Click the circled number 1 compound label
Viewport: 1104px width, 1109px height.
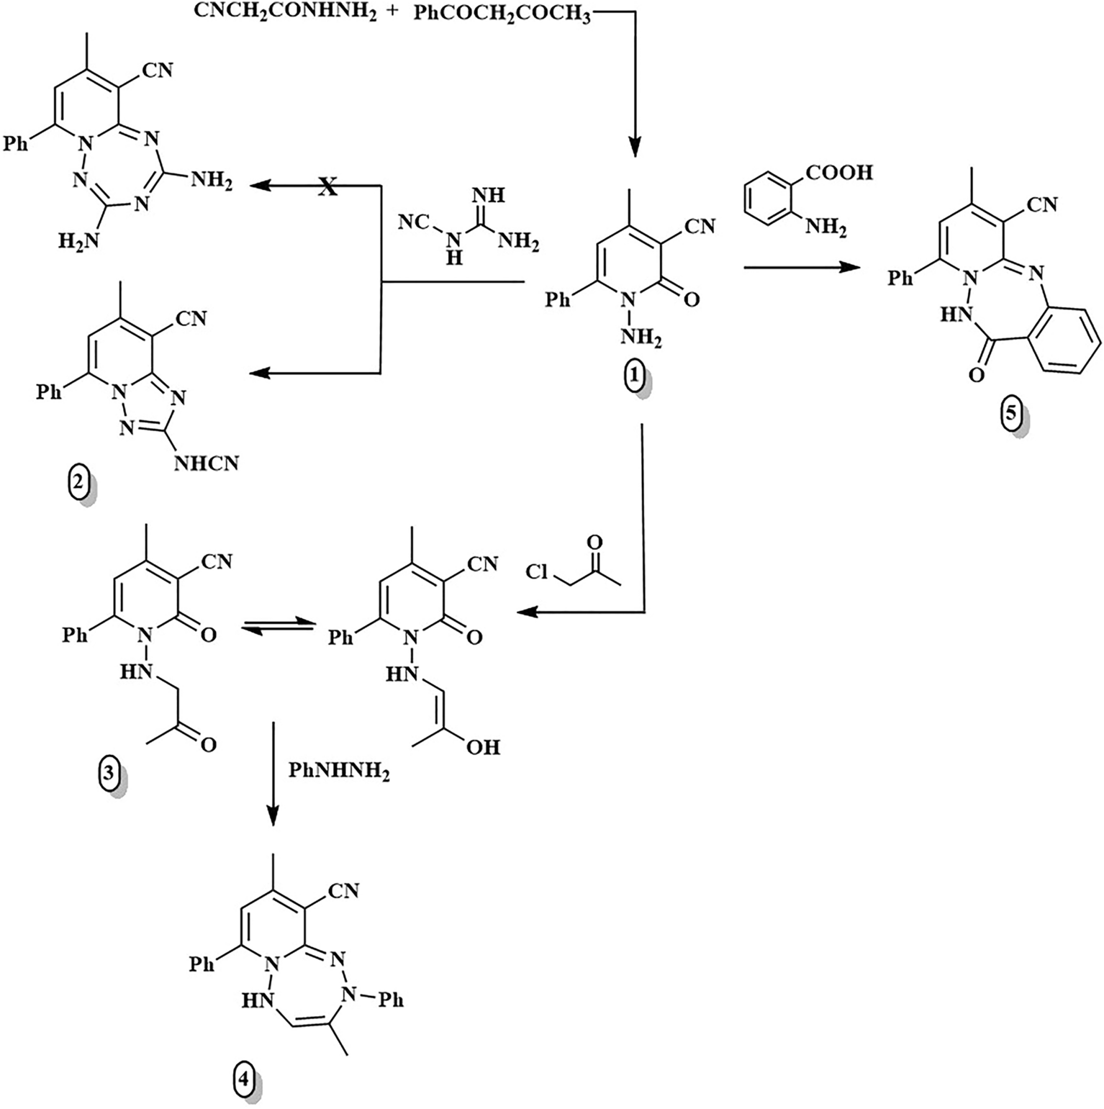(x=633, y=377)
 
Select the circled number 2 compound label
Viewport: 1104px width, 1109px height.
(x=77, y=487)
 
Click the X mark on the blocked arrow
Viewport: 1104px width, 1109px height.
(x=327, y=188)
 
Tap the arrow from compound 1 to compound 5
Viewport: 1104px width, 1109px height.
(x=802, y=268)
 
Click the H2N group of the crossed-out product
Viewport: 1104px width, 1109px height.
(x=77, y=241)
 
